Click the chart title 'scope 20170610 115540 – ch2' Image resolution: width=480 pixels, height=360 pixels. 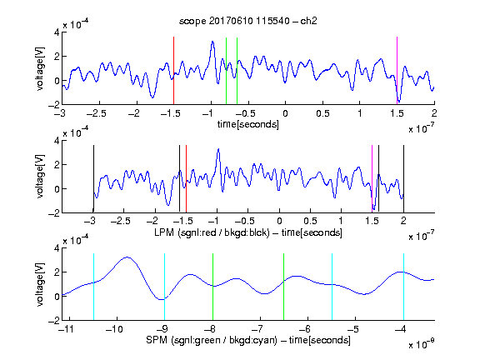point(248,21)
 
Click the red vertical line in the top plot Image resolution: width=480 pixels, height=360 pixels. point(173,71)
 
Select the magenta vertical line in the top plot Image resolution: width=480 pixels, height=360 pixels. point(397,71)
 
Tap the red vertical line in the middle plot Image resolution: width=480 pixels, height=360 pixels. point(186,178)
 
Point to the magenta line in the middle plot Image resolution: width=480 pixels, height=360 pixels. point(372,178)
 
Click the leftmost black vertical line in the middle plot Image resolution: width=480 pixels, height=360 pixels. point(93,178)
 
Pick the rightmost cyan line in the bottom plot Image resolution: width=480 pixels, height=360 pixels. point(404,287)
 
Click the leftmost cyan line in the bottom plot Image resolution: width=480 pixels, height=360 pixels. point(93,287)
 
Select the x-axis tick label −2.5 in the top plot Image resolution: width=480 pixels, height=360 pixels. point(96,113)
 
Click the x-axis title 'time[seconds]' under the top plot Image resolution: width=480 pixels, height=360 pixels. point(248,124)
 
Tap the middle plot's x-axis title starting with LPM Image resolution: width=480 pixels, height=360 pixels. point(248,232)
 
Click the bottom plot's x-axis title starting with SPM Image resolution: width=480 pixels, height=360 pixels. point(248,340)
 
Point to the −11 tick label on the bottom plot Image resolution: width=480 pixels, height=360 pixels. point(67,329)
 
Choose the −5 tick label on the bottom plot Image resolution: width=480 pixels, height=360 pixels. point(354,329)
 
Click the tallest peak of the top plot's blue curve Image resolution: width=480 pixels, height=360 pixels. point(212,42)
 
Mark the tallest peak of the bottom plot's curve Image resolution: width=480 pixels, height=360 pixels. point(127,257)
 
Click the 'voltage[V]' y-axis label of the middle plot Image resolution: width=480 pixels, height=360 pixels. point(40,177)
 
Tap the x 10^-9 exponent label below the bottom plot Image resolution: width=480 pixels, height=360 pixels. point(421,344)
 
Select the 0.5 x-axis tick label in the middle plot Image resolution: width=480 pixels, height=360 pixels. point(311,222)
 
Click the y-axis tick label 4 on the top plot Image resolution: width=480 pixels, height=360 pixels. point(57,32)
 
